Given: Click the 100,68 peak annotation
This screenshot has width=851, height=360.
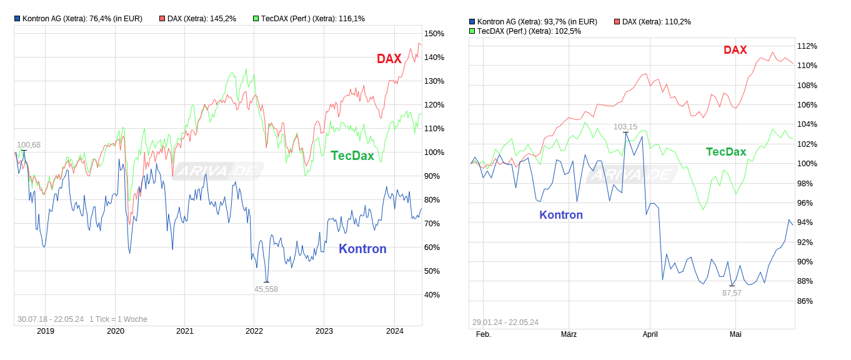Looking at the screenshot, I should [x=29, y=145].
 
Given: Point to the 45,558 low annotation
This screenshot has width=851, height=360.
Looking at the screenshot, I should [x=266, y=289].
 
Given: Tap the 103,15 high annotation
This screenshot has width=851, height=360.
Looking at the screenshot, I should [x=625, y=127].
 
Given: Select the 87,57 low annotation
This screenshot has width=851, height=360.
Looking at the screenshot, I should [x=732, y=292].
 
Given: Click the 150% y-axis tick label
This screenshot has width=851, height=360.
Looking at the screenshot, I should [x=434, y=34].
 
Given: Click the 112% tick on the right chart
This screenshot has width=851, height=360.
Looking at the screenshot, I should [x=807, y=46].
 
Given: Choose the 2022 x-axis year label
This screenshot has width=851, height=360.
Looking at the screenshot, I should [x=254, y=331].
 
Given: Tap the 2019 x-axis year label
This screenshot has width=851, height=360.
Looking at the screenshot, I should [x=46, y=331].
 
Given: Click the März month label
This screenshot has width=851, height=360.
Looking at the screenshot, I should [x=569, y=334].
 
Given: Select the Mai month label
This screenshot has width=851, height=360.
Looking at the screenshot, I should [x=735, y=334].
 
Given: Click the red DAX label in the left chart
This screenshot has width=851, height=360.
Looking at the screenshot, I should [x=389, y=59].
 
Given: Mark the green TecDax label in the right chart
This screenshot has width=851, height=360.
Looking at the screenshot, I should [x=726, y=152].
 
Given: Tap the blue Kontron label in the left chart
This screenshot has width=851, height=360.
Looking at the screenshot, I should [x=362, y=249].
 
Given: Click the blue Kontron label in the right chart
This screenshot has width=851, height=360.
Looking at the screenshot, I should [x=561, y=215].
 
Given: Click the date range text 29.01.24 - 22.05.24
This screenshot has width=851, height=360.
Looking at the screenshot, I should [x=505, y=322].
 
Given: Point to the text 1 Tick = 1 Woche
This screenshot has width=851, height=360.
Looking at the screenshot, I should [x=118, y=319].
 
